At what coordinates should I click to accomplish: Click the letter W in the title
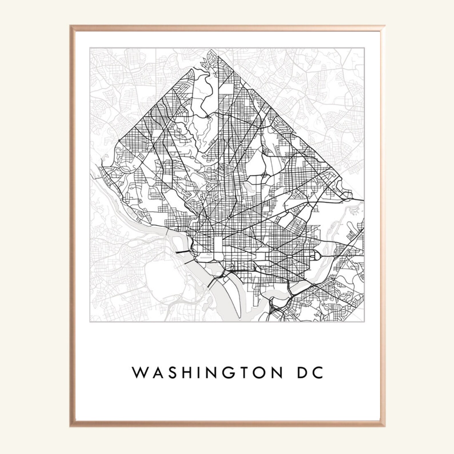(138, 373)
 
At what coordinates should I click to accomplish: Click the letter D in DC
(303, 373)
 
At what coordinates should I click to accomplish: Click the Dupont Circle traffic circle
(208, 218)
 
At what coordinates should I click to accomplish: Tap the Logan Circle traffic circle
(229, 218)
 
